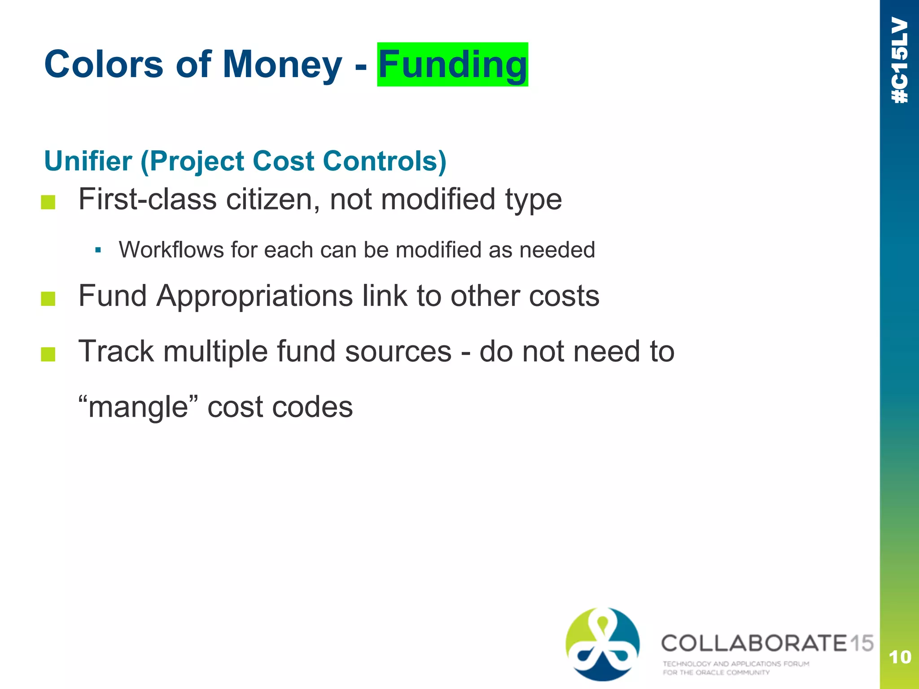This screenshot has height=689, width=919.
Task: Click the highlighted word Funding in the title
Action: point(452,65)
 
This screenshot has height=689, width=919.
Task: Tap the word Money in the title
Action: point(282,65)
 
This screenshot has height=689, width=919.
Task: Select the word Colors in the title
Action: point(104,65)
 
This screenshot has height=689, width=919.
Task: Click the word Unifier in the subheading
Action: point(88,161)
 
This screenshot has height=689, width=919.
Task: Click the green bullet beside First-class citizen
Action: point(48,202)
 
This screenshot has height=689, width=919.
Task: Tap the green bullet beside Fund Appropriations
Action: point(48,299)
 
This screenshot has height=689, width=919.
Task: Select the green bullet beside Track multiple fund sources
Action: point(48,354)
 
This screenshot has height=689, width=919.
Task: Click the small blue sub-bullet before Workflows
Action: point(98,250)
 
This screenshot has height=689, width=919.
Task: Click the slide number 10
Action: point(900,658)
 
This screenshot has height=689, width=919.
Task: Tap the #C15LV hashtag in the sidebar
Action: point(900,61)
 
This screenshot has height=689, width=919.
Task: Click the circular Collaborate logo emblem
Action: point(603,644)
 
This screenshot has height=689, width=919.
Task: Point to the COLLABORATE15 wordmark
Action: point(767,643)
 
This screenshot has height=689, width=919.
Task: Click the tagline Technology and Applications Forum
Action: point(736,664)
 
